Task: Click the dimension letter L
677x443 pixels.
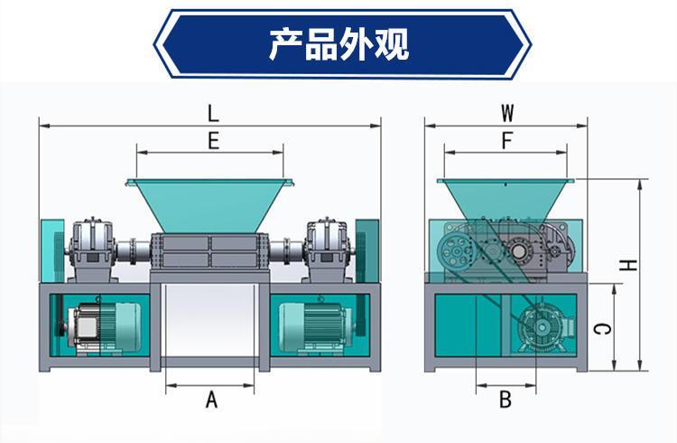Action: click(213, 114)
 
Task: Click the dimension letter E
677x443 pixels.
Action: click(213, 141)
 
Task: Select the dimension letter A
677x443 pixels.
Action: click(213, 399)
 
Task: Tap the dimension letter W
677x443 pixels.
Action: click(508, 114)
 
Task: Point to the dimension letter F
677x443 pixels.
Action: click(506, 141)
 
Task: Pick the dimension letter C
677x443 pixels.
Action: click(605, 328)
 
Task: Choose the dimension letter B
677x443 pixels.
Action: click(505, 399)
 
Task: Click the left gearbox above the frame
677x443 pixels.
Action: click(91, 244)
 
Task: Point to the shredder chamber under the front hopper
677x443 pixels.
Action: click(210, 250)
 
